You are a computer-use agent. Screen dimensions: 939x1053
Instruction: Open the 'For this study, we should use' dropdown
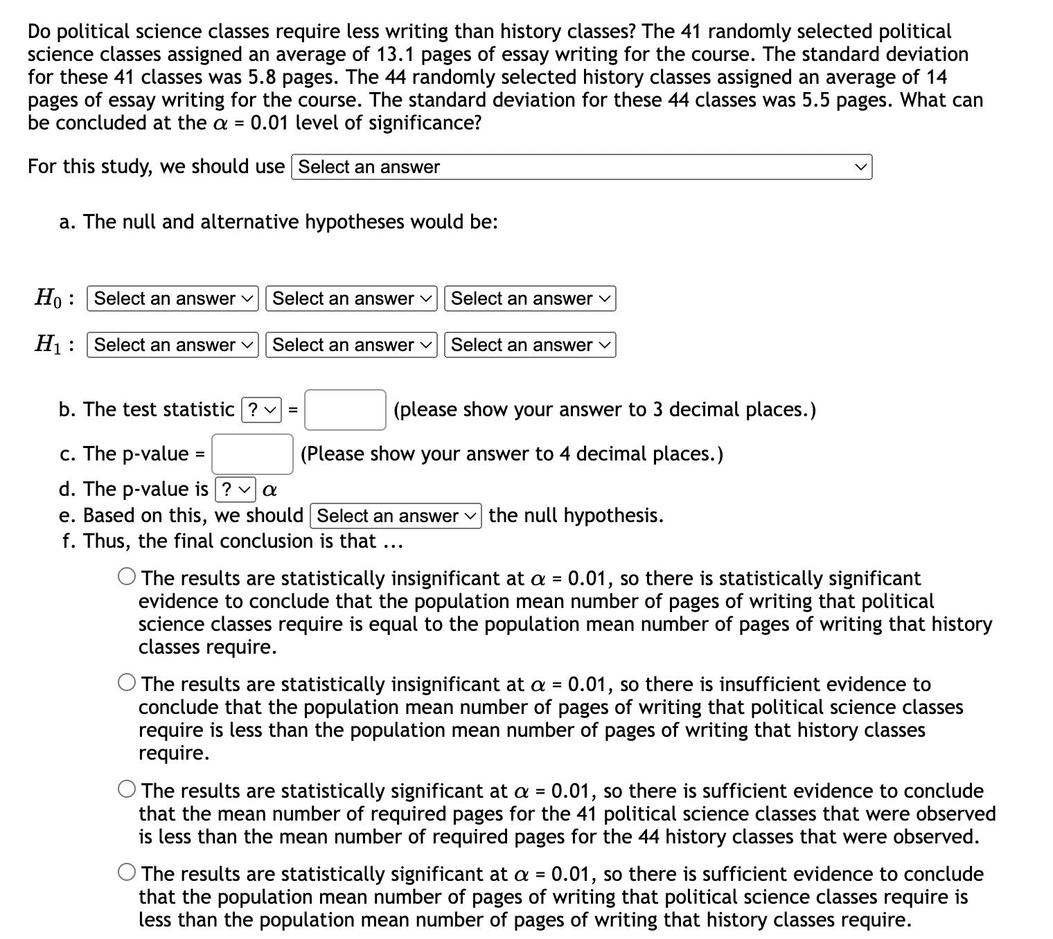click(x=582, y=167)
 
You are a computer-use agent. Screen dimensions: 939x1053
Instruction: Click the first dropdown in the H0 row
click(x=172, y=298)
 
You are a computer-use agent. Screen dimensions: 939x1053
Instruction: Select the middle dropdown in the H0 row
click(x=351, y=298)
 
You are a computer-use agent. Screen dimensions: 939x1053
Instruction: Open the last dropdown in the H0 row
click(x=530, y=298)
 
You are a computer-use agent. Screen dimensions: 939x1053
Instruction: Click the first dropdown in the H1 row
click(x=172, y=345)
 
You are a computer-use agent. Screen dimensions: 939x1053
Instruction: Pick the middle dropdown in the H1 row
click(x=351, y=345)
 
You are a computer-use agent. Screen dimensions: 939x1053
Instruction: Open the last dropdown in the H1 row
click(x=530, y=345)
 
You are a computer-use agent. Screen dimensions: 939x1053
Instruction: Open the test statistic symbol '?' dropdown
click(x=262, y=410)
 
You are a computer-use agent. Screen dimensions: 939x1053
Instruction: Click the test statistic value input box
click(x=345, y=410)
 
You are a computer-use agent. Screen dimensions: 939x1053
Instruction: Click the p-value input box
click(x=253, y=454)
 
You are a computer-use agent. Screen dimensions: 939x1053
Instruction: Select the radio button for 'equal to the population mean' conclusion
click(x=127, y=577)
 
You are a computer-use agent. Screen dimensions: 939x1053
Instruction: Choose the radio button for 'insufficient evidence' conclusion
click(x=127, y=683)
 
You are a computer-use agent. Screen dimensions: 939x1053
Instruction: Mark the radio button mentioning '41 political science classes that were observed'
click(x=127, y=790)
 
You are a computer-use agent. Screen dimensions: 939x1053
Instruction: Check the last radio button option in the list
click(x=127, y=873)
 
